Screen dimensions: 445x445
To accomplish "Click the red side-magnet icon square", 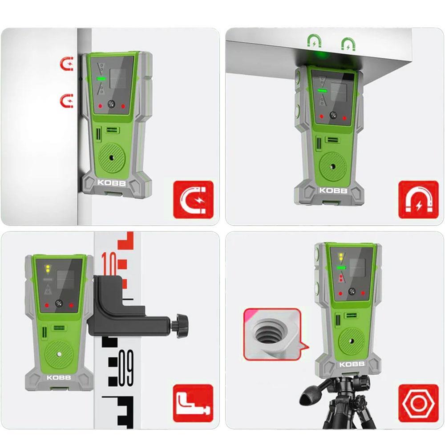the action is (193, 199).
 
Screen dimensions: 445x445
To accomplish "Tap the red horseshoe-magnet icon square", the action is (418, 199).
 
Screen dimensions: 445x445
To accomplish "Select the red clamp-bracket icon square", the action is (193, 403).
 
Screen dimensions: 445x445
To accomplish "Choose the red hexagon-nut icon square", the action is (418, 403).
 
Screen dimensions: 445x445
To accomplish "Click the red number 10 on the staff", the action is (109, 263).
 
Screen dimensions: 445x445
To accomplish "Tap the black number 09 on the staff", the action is (126, 368).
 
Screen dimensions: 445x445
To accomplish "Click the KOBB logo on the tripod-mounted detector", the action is (352, 364).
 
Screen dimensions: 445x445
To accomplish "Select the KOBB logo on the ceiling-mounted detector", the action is (333, 190).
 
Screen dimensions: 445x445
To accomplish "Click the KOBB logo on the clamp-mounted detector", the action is (59, 377).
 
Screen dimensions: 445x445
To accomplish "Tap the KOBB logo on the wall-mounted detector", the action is (112, 183).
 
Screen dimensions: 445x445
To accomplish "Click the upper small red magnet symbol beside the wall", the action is (67, 64).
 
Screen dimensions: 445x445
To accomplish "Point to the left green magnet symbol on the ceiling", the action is (315, 41).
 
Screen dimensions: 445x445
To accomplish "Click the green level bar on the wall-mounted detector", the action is (101, 79).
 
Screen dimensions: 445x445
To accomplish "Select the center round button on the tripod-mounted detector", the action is (352, 291).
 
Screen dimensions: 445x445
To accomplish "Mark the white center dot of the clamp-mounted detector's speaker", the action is (59, 354).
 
